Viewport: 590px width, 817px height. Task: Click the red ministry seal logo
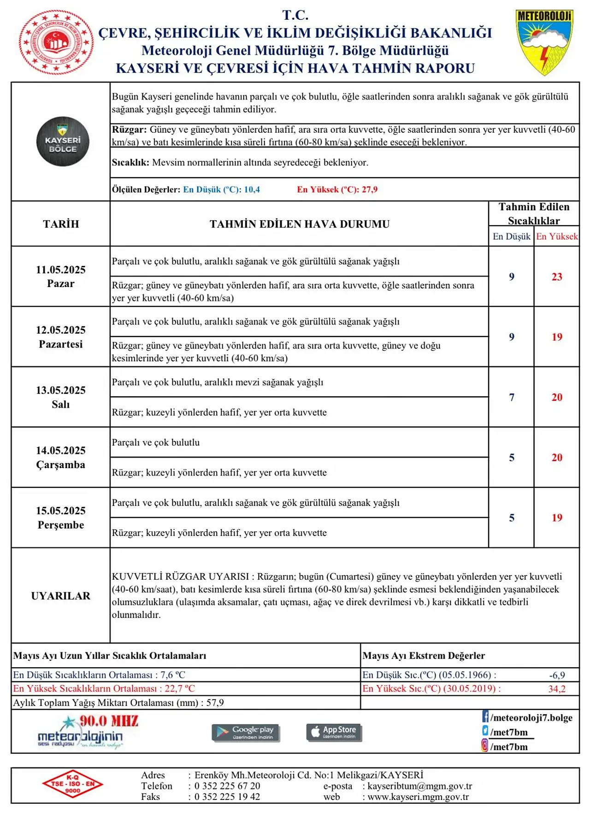(x=56, y=42)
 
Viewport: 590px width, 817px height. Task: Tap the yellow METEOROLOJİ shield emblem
(x=544, y=42)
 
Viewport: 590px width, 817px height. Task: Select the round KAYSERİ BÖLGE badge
(x=63, y=141)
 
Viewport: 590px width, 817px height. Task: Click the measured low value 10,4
(x=252, y=189)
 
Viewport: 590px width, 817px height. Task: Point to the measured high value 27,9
(x=370, y=189)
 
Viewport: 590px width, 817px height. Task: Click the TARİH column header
(x=61, y=224)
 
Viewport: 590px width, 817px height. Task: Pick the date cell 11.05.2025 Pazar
(x=61, y=276)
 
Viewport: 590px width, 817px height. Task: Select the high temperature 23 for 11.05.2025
(x=557, y=276)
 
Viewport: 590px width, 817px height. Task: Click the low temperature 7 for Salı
(x=512, y=397)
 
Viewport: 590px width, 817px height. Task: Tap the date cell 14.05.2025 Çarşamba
(x=61, y=458)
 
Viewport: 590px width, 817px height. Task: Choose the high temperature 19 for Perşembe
(x=557, y=518)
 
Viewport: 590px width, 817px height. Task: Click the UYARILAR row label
(x=61, y=596)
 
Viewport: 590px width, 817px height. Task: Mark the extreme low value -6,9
(x=557, y=675)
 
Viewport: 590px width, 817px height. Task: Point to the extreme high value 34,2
(x=557, y=689)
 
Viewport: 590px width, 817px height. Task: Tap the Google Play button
(x=246, y=732)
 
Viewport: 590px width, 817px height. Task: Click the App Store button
(x=334, y=732)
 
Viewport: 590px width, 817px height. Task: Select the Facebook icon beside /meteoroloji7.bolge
(x=485, y=717)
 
